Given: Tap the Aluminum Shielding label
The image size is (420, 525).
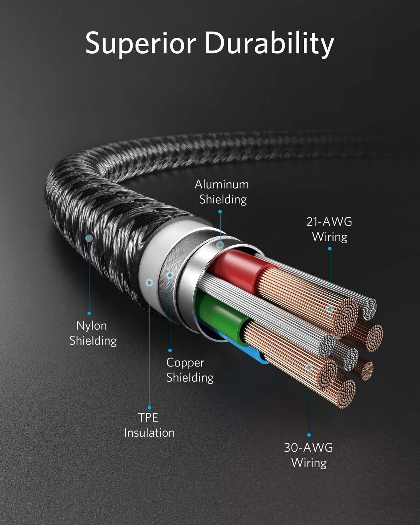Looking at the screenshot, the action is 222,192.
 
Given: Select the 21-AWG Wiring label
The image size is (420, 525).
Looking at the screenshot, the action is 329,230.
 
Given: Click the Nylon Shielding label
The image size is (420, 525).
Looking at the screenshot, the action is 93,333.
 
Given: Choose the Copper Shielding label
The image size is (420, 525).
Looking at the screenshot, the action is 190,370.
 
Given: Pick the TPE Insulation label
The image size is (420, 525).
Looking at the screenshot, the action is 149,425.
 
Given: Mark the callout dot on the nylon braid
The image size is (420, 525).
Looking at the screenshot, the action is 89,238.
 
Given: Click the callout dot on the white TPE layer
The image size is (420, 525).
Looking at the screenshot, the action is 149,283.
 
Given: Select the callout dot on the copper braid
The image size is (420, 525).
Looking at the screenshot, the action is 170,275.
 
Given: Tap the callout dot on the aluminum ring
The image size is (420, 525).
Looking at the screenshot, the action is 220,244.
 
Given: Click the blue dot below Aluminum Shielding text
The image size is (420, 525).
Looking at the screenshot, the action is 220,212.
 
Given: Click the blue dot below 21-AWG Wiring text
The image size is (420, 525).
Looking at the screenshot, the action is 330,248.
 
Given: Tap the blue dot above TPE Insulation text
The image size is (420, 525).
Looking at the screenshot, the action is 149,408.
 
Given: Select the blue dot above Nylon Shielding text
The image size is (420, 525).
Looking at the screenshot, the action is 89,313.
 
